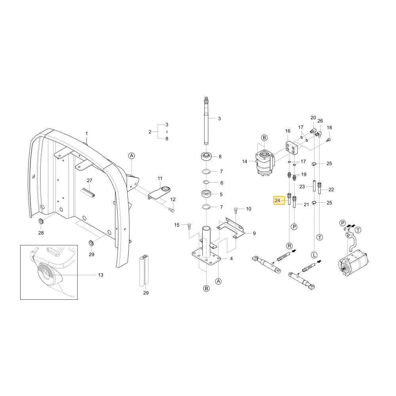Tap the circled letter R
click(x=289, y=246)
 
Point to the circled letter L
click(x=314, y=255)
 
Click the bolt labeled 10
click(x=236, y=210)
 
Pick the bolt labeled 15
click(x=189, y=226)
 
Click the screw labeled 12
click(x=172, y=210)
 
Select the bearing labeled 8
click(x=206, y=156)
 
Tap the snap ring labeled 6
click(x=206, y=182)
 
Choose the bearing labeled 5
click(x=206, y=194)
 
